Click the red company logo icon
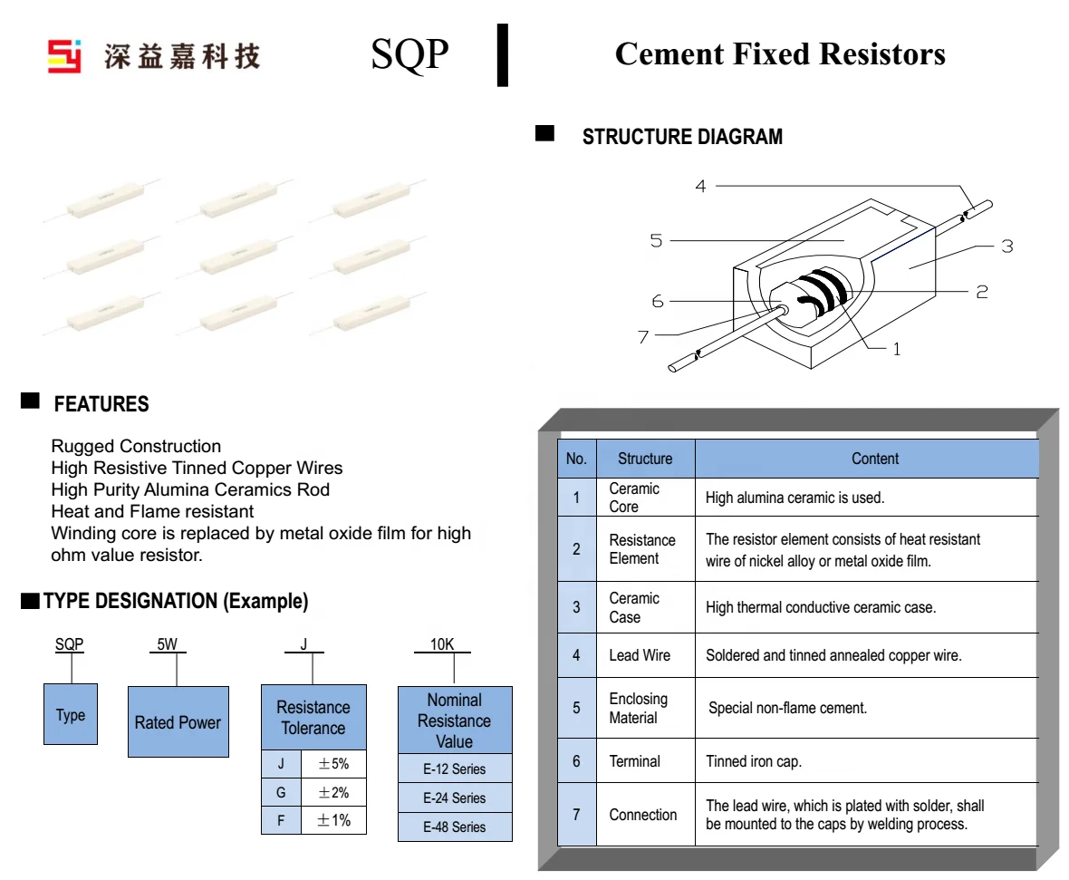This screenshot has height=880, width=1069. [x=64, y=55]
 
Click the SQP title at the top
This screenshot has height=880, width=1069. [x=409, y=54]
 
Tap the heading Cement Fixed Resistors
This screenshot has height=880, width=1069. [x=779, y=53]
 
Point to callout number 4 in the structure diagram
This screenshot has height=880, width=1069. [x=700, y=187]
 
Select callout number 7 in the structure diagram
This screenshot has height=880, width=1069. [x=643, y=337]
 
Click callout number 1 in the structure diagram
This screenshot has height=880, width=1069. [x=897, y=349]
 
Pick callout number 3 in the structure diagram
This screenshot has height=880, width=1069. [x=1006, y=246]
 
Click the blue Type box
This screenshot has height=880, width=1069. [x=71, y=714]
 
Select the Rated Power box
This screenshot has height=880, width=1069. [x=178, y=722]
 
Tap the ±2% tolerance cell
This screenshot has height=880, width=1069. [x=333, y=793]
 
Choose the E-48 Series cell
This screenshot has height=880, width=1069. [x=455, y=827]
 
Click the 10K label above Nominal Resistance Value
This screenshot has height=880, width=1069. [x=442, y=645]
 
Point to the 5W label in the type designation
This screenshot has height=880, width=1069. [x=167, y=645]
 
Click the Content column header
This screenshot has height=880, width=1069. [x=875, y=459]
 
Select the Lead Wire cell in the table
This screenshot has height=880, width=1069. [x=640, y=655]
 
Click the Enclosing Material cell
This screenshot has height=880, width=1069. [x=639, y=708]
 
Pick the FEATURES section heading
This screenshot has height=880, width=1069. [x=101, y=404]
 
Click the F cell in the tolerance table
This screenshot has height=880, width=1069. [x=282, y=820]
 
